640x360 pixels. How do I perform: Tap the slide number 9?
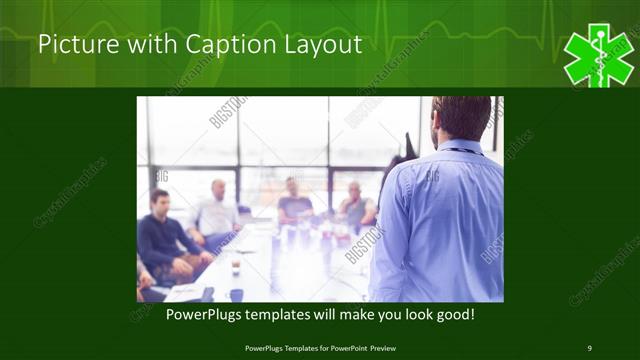click(589, 348)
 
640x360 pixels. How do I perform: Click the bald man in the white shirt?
click(217, 211)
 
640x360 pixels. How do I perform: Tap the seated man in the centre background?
click(293, 200)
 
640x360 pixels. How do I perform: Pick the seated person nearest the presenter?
click(354, 205)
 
